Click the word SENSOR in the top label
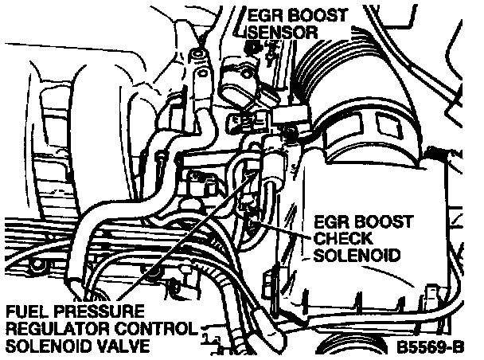(x=283, y=32)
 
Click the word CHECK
(x=343, y=238)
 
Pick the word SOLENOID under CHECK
(x=357, y=255)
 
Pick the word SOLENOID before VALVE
(x=49, y=346)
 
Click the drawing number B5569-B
(x=430, y=346)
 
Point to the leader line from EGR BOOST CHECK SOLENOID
(x=280, y=229)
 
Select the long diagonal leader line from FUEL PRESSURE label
(x=189, y=235)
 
